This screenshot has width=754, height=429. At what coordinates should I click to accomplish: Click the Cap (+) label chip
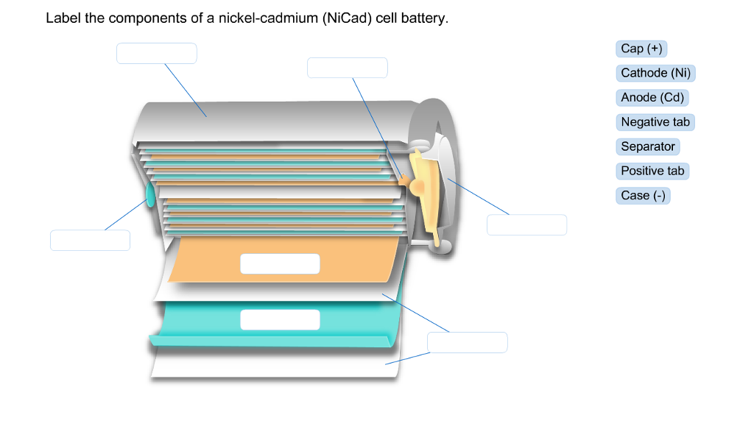[x=641, y=49]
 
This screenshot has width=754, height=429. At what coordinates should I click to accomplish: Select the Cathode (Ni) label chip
[x=655, y=73]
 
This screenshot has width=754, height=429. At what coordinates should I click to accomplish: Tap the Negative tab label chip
[x=655, y=122]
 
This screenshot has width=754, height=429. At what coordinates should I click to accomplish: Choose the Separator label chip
[x=647, y=146]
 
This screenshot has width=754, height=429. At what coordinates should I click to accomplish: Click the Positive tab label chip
[x=652, y=171]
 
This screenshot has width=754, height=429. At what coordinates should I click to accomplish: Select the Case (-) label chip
[x=643, y=195]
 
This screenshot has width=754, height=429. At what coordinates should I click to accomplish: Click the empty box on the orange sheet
[x=280, y=263]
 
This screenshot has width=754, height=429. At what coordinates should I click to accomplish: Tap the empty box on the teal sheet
[x=280, y=319]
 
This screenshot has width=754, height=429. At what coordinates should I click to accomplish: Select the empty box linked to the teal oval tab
[x=90, y=240]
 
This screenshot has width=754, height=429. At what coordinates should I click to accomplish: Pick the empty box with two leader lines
[x=467, y=342]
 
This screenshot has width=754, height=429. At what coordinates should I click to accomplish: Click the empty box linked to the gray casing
[x=156, y=53]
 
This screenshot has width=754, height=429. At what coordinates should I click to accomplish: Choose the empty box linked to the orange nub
[x=347, y=68]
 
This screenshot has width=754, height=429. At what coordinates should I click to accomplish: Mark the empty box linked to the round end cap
[x=526, y=224]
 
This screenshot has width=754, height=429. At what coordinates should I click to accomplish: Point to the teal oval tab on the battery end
[x=150, y=195]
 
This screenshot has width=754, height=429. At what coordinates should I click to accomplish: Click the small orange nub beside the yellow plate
[x=405, y=177]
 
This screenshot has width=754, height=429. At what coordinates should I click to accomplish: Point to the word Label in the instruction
[x=63, y=18]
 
